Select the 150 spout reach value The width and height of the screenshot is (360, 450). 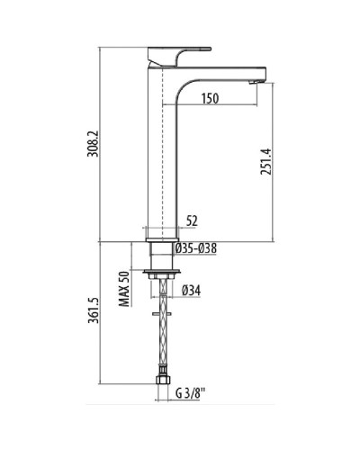[x=211, y=97]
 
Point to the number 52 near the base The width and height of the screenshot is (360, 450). [x=191, y=219]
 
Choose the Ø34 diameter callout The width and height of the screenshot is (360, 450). [x=191, y=289]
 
